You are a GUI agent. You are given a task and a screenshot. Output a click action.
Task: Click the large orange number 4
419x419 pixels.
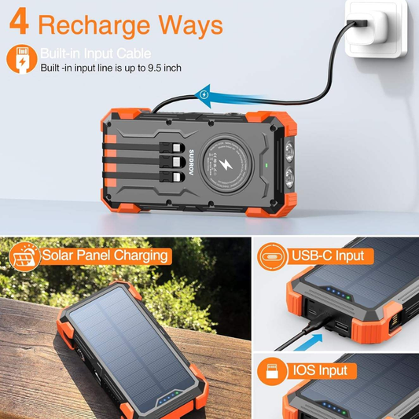[x=19, y=21]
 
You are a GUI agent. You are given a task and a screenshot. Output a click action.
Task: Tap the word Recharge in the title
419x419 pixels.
[x=94, y=26]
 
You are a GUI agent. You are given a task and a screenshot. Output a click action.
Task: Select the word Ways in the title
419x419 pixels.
[x=190, y=24]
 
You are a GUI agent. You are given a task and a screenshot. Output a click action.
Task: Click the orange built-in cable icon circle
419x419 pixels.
[x=22, y=59]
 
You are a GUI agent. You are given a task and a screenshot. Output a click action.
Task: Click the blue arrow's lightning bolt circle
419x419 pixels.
[x=204, y=94]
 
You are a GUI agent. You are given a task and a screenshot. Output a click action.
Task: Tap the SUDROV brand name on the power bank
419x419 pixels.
[x=191, y=163]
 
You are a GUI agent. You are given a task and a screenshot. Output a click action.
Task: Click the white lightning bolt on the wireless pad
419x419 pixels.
[x=226, y=165]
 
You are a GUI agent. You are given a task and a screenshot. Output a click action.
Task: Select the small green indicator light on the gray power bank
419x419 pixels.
[x=266, y=165]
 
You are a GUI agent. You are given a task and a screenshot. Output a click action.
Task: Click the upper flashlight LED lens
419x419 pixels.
[x=289, y=151]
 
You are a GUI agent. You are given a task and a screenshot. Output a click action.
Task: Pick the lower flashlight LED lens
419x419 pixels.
[x=289, y=177]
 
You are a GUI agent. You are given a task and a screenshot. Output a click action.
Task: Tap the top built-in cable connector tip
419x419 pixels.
[x=177, y=148]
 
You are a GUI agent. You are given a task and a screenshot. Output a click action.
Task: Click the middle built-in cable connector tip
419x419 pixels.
[x=177, y=162]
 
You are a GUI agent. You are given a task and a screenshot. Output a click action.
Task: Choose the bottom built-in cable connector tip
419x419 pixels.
[x=177, y=176]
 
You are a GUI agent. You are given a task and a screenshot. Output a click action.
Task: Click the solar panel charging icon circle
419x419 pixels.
[x=24, y=257]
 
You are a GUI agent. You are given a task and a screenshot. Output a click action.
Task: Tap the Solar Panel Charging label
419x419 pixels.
[x=105, y=255]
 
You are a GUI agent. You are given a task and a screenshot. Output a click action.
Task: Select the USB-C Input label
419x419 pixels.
[x=328, y=255]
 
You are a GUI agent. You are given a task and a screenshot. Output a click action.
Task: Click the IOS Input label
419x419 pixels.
[x=320, y=370]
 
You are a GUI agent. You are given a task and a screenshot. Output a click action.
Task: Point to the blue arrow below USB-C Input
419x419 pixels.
[x=308, y=342]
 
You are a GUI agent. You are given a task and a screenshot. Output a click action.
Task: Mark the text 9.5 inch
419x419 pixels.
[x=164, y=68]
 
